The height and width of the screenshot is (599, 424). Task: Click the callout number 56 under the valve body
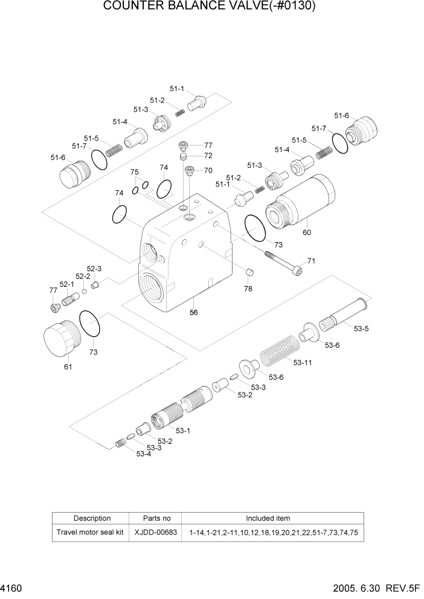pyautogui.click(x=194, y=312)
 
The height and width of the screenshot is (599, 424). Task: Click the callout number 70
pyautogui.click(x=208, y=170)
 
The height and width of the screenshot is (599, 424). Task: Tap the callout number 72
pyautogui.click(x=208, y=156)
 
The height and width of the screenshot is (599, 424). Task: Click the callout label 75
pyautogui.click(x=135, y=172)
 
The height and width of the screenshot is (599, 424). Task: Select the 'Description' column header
pyautogui.click(x=92, y=518)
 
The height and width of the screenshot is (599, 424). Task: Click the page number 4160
pyautogui.click(x=12, y=586)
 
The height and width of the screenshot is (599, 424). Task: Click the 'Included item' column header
pyautogui.click(x=268, y=518)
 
